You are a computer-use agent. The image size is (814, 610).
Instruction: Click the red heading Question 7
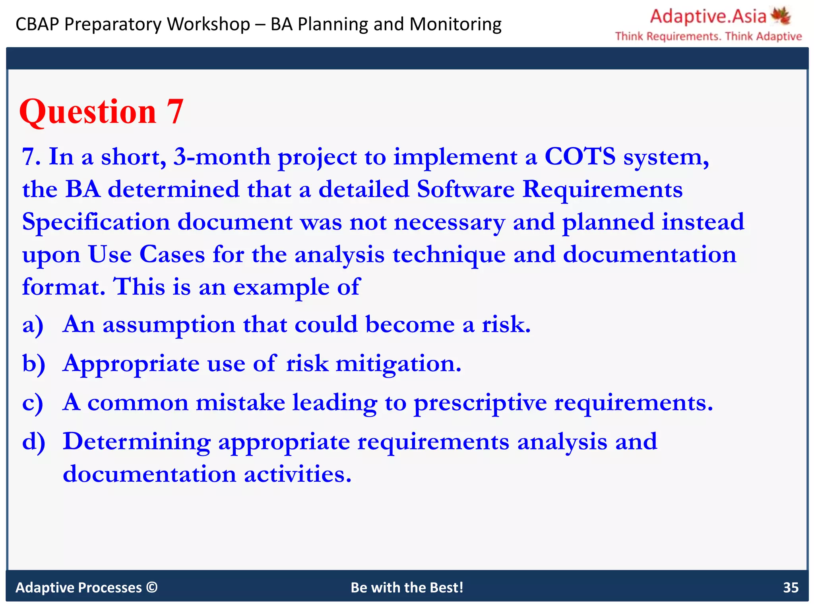tap(101, 112)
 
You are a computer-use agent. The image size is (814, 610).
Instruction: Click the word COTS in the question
tap(579, 156)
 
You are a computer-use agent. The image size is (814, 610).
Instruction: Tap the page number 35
tap(790, 587)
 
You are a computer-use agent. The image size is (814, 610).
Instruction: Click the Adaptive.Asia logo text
tap(708, 17)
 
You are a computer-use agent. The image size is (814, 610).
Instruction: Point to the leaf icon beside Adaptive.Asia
tap(781, 15)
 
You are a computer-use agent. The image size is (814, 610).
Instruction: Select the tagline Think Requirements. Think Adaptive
tap(708, 37)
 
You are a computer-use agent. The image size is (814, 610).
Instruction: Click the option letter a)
tap(33, 325)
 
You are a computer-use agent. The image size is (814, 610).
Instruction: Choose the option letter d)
tap(33, 442)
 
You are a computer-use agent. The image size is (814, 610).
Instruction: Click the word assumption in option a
tap(169, 325)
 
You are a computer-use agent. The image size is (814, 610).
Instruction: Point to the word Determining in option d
tap(137, 442)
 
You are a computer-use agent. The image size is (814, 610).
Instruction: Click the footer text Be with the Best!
tap(407, 587)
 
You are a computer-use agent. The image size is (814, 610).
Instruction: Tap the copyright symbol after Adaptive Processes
tap(152, 587)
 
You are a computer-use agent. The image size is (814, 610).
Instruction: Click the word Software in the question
tap(465, 189)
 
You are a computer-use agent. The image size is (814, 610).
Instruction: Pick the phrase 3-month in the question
tap(221, 156)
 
